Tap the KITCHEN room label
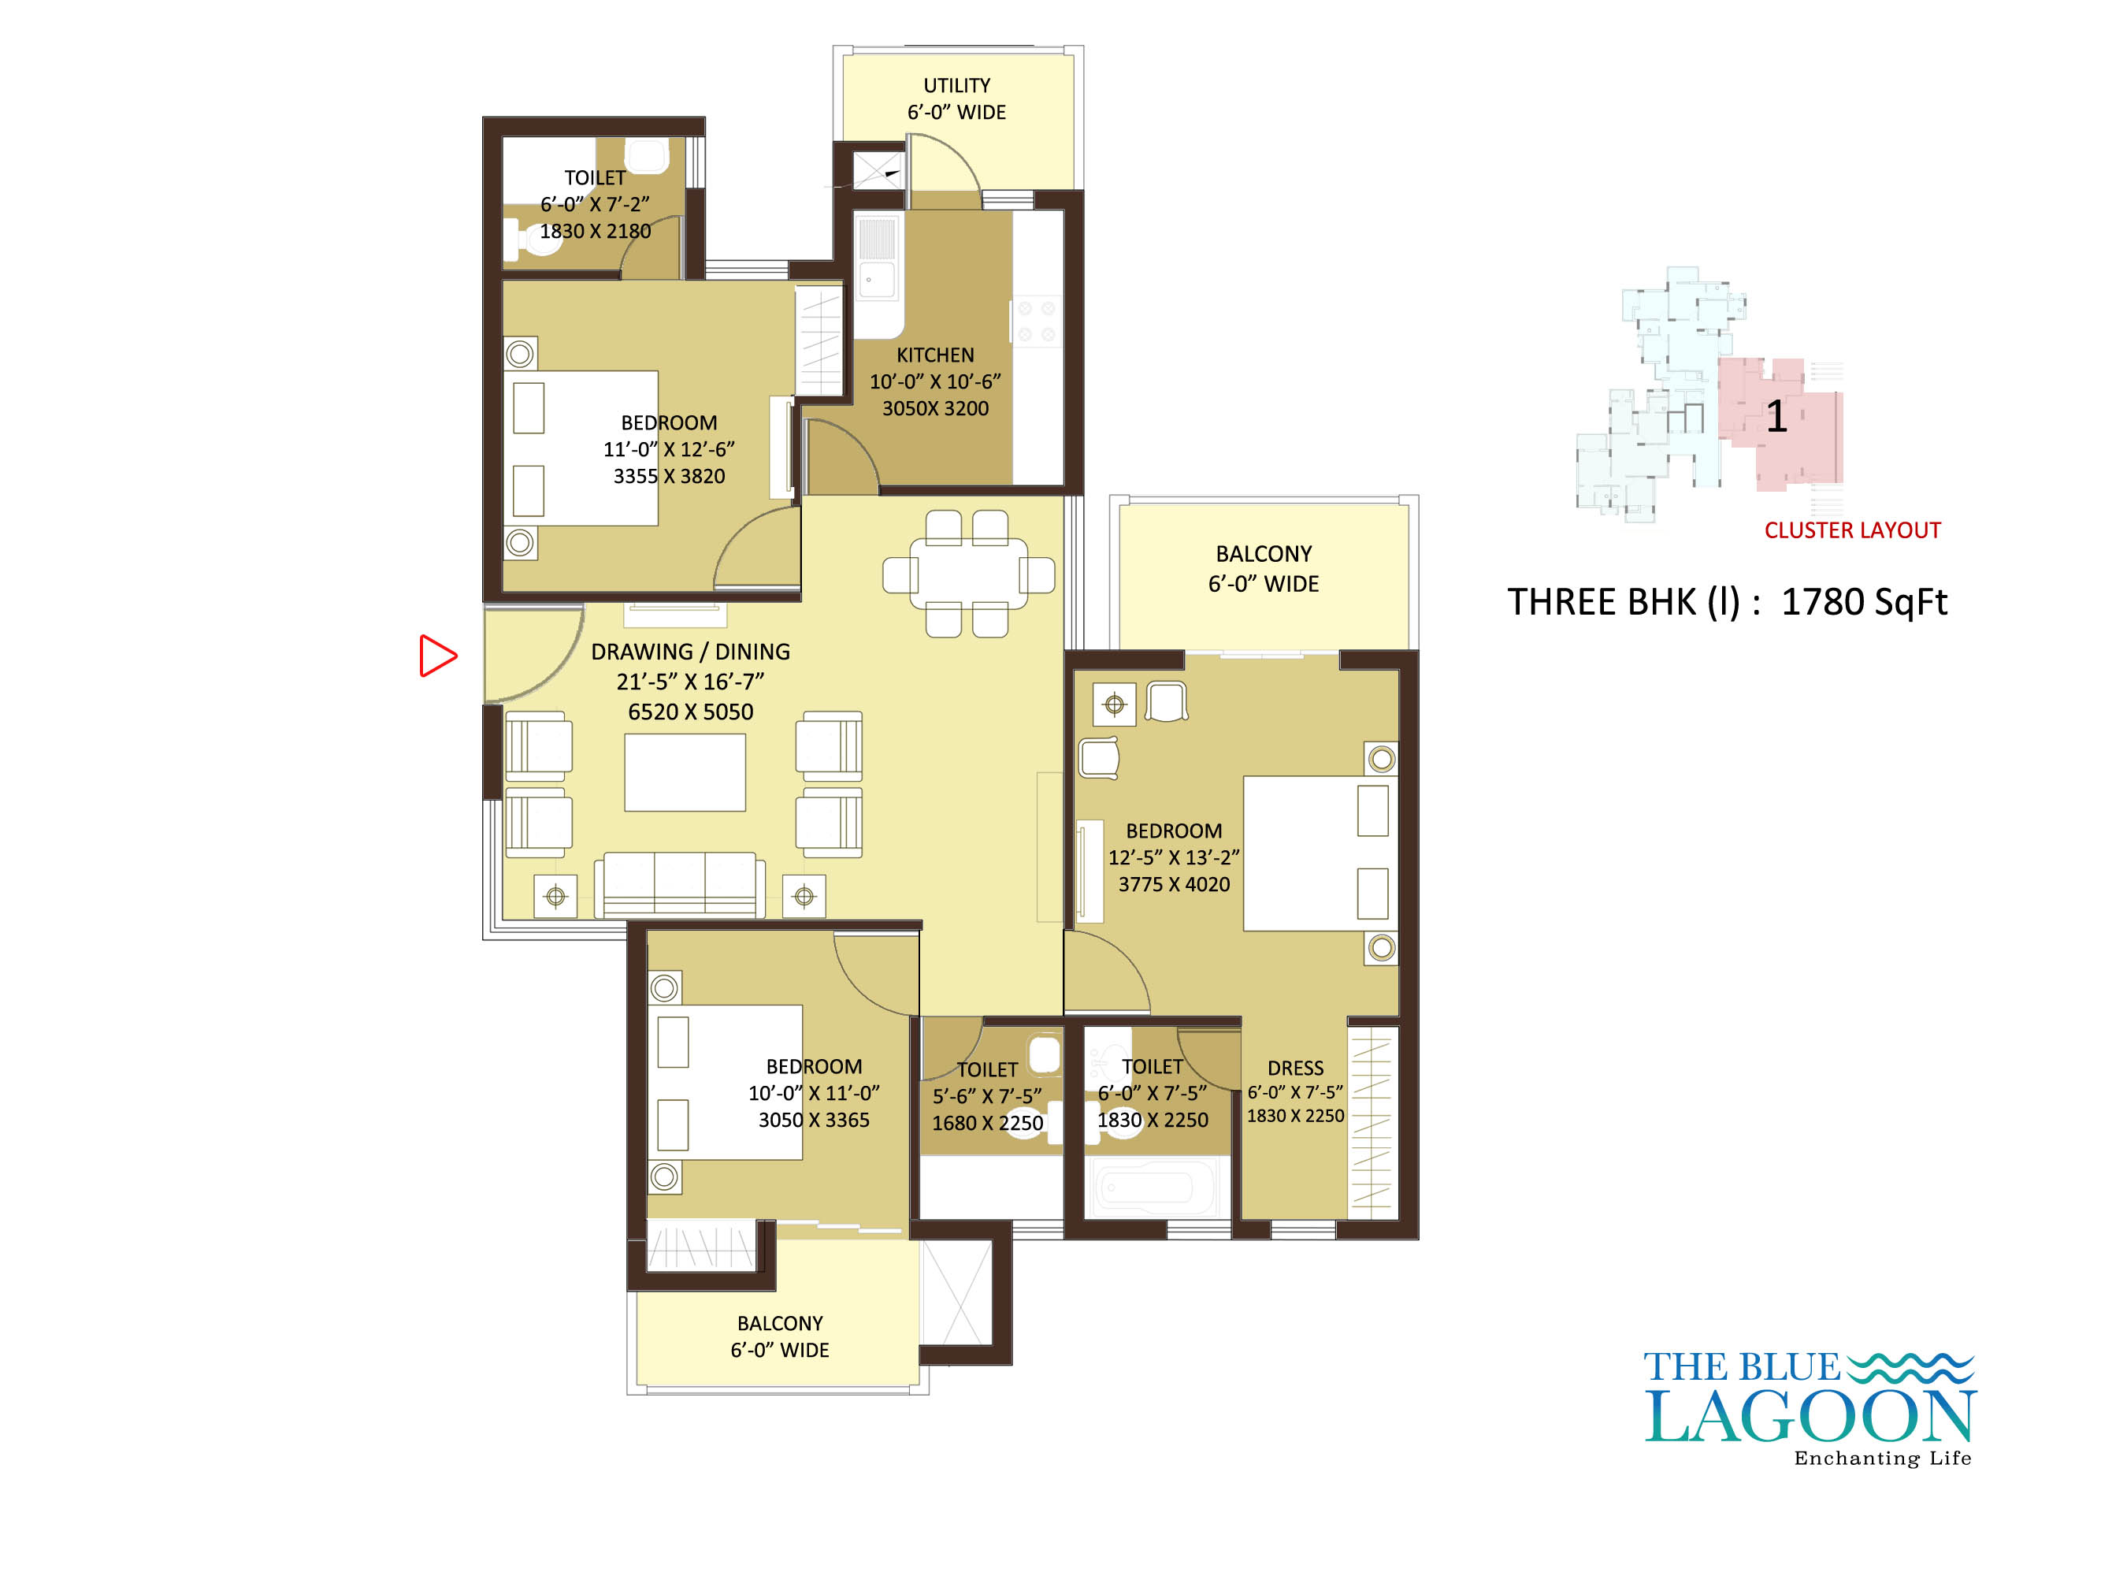tap(935, 355)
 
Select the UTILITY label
tap(956, 86)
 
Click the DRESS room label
tap(1295, 1069)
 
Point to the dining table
tap(968, 574)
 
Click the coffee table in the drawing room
tap(685, 773)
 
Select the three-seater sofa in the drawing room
tap(679, 884)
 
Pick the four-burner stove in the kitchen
tap(1036, 322)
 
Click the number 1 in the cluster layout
tap(1776, 417)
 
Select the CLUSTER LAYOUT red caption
tap(1852, 530)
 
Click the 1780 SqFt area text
tap(1864, 603)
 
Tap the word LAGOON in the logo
tap(1810, 1418)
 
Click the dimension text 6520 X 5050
tap(691, 712)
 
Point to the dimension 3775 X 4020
tap(1174, 884)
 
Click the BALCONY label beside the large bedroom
tap(1264, 554)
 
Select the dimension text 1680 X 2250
tap(987, 1124)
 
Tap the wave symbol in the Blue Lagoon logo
tap(1910, 1367)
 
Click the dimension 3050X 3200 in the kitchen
tap(935, 408)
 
